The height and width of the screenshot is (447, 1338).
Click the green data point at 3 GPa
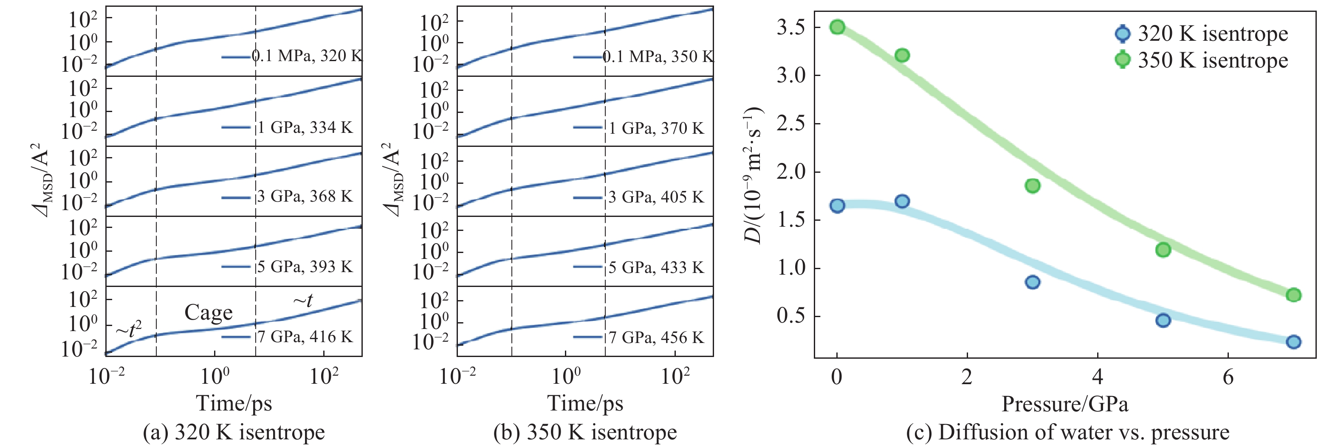point(1033,186)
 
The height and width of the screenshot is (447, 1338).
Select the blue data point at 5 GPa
point(1163,320)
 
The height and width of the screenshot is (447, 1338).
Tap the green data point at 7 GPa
point(1293,295)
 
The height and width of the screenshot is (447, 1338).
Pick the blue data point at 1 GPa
point(902,201)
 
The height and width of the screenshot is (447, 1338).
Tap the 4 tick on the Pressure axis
point(1098,377)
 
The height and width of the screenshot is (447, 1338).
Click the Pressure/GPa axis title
point(1065,403)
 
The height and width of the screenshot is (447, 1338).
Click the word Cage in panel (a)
point(208,312)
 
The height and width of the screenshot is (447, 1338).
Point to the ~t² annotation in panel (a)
point(129,329)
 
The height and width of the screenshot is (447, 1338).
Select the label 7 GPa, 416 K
point(305,337)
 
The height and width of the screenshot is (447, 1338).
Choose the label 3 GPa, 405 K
point(656,197)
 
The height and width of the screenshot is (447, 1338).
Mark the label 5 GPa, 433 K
point(656,267)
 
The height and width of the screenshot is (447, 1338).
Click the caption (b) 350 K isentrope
point(585,432)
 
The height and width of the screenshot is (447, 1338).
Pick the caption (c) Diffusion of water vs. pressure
point(1067,432)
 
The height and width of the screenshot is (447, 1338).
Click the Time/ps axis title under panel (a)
point(234,403)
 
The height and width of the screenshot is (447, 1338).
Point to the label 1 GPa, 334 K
point(305,127)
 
